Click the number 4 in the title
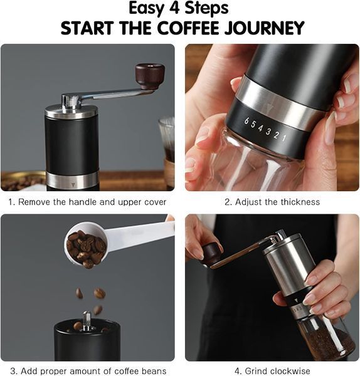(175, 8)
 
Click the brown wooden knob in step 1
(150, 76)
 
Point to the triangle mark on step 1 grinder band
(73, 184)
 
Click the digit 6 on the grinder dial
(246, 121)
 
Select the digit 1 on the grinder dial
(284, 138)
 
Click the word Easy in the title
(146, 9)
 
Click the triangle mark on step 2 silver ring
(268, 107)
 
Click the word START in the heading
(87, 28)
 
